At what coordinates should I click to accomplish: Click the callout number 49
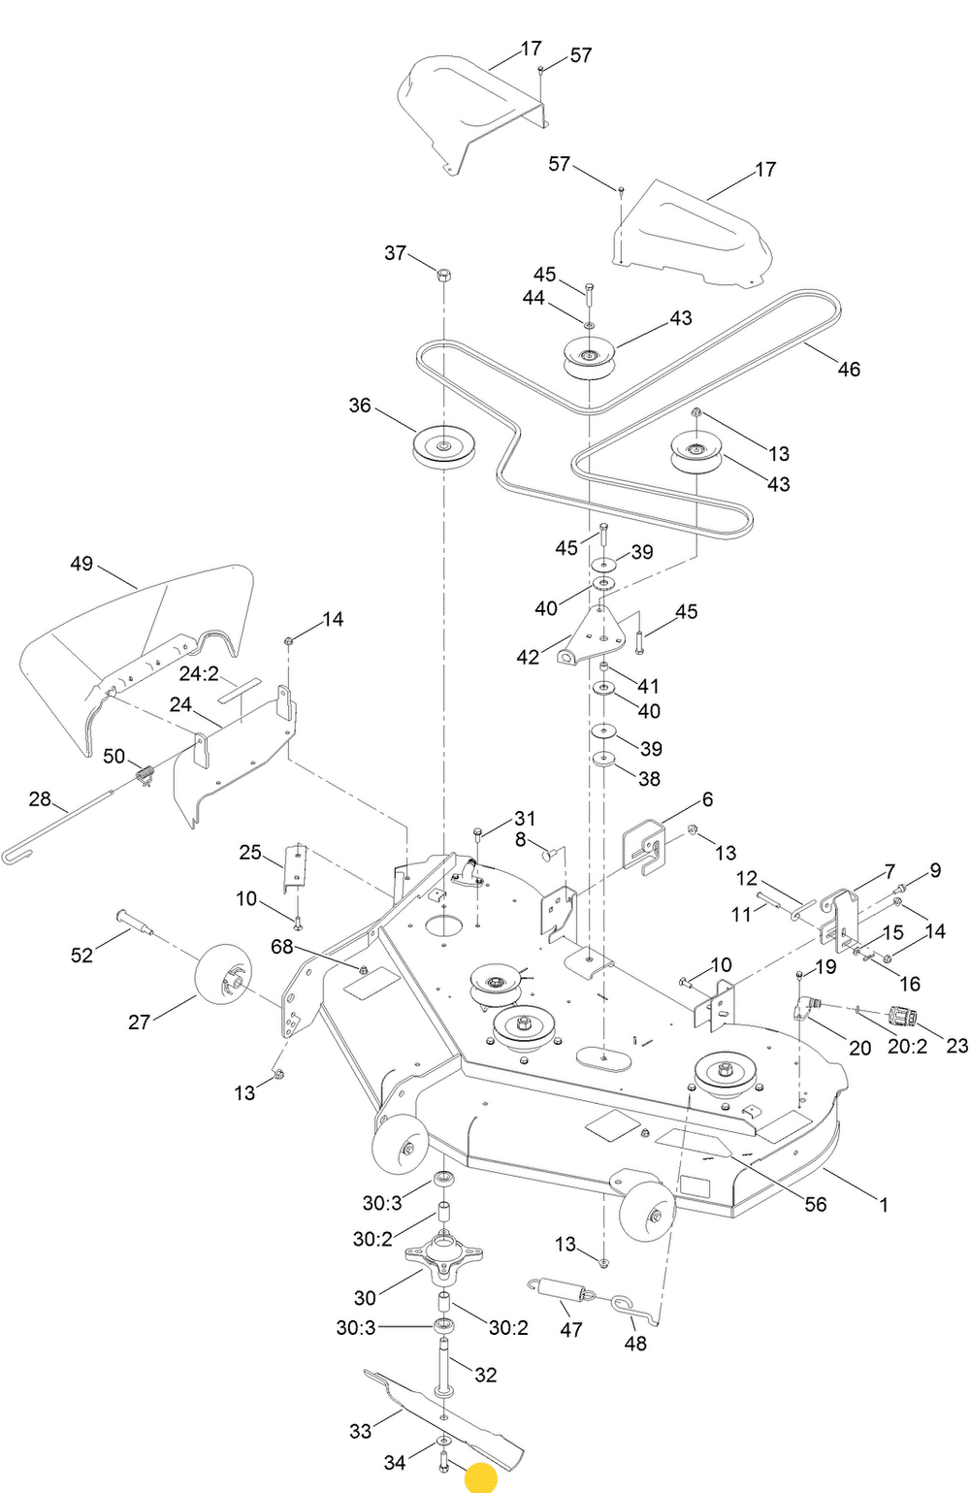click(x=81, y=564)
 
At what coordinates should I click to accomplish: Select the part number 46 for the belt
click(x=849, y=369)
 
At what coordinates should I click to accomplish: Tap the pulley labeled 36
click(x=442, y=447)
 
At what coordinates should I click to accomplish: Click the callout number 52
click(x=81, y=955)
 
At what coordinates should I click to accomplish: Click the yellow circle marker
click(x=481, y=1477)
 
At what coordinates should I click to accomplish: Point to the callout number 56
click(x=816, y=1204)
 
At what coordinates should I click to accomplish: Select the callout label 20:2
click(x=908, y=1046)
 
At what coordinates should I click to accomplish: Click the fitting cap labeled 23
click(x=903, y=1019)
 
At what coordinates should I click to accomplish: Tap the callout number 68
click(x=281, y=946)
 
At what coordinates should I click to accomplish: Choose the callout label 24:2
click(x=199, y=673)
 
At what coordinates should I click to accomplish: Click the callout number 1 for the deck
click(x=883, y=1204)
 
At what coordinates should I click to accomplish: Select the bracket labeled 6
click(x=644, y=847)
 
